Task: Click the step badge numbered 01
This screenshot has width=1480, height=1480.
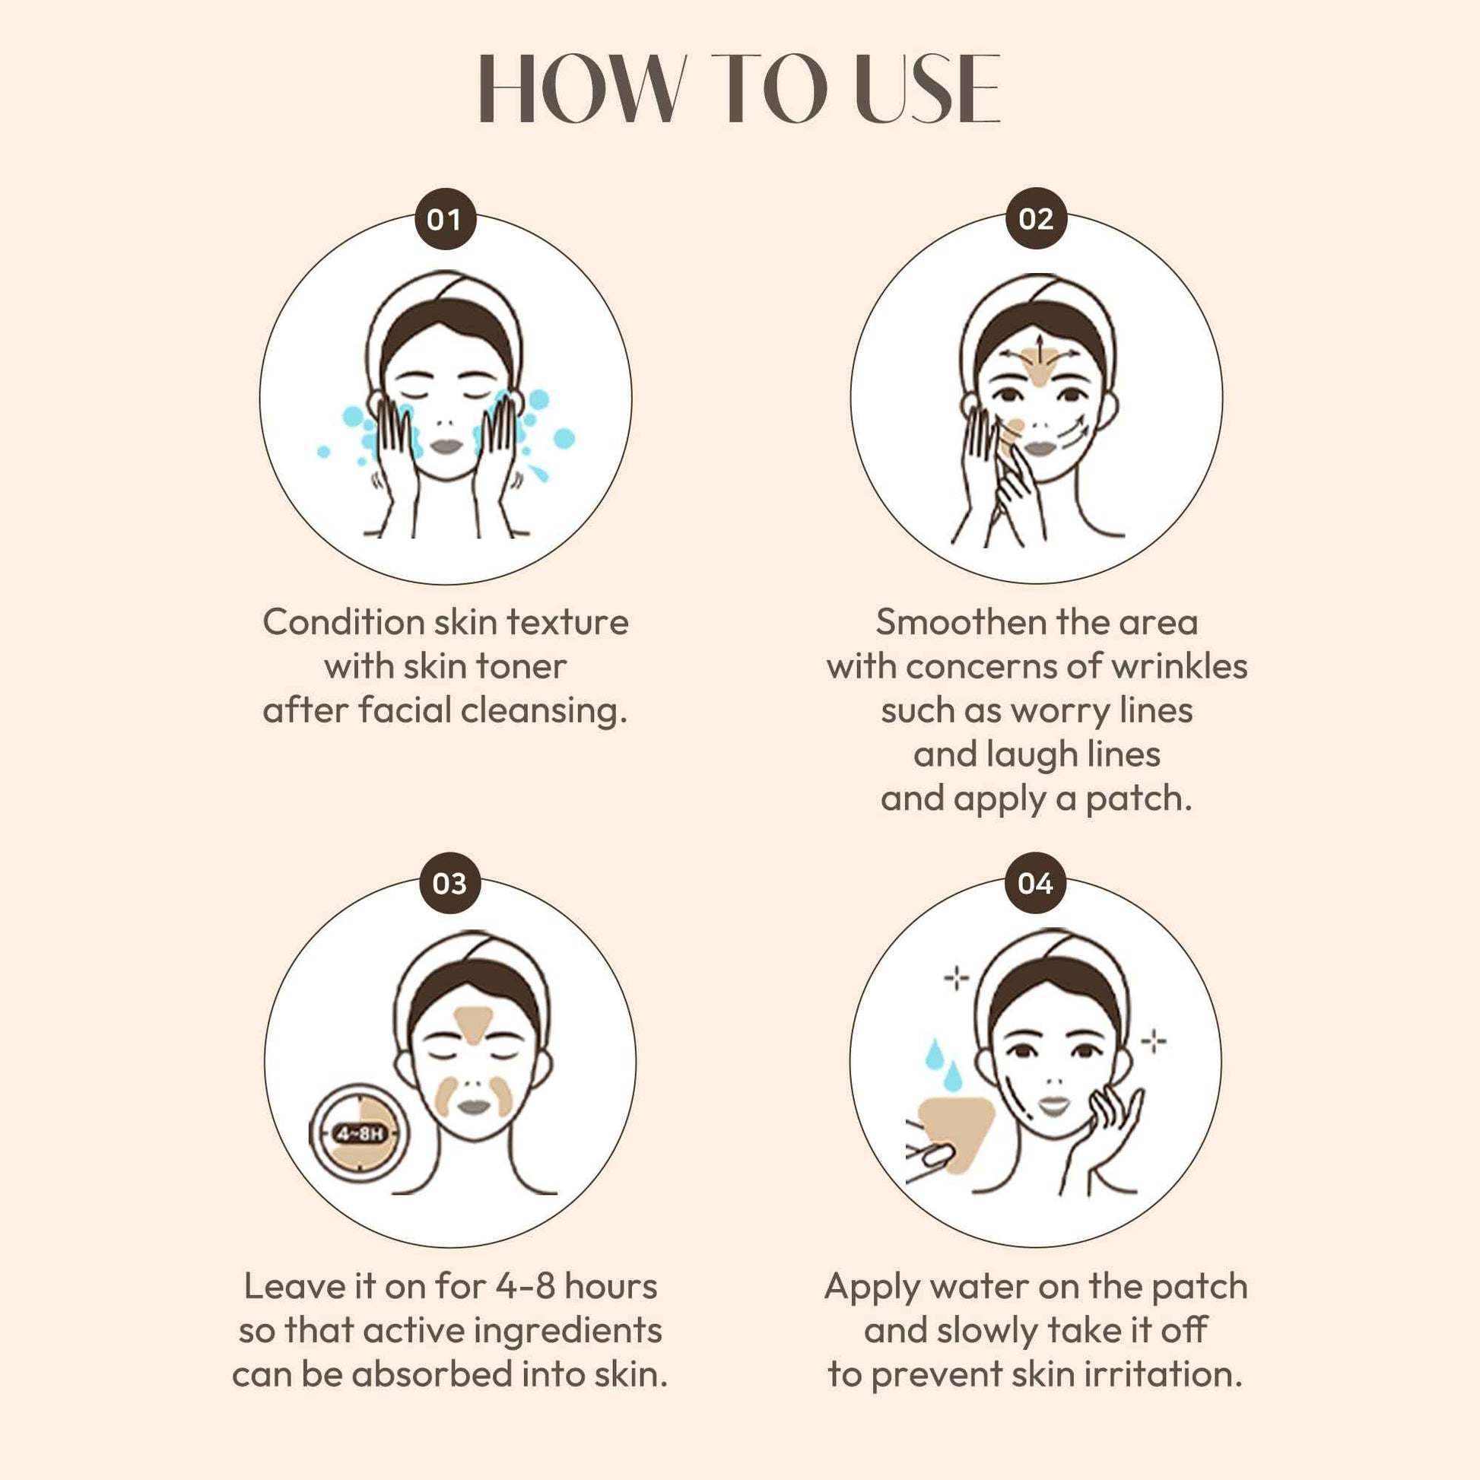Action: [x=445, y=219]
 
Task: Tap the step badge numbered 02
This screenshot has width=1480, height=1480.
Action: [x=1036, y=219]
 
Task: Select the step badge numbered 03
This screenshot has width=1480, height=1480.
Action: [x=449, y=883]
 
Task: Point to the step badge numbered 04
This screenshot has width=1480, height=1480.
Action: [x=1036, y=883]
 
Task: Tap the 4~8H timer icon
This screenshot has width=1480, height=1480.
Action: [x=360, y=1133]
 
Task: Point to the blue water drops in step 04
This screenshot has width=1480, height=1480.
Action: [x=943, y=1064]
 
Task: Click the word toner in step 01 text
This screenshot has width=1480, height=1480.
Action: [x=521, y=666]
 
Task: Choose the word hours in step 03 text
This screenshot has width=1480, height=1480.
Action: [x=611, y=1286]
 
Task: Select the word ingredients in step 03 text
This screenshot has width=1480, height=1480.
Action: [x=567, y=1331]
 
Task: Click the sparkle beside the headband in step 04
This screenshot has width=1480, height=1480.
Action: [x=956, y=978]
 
